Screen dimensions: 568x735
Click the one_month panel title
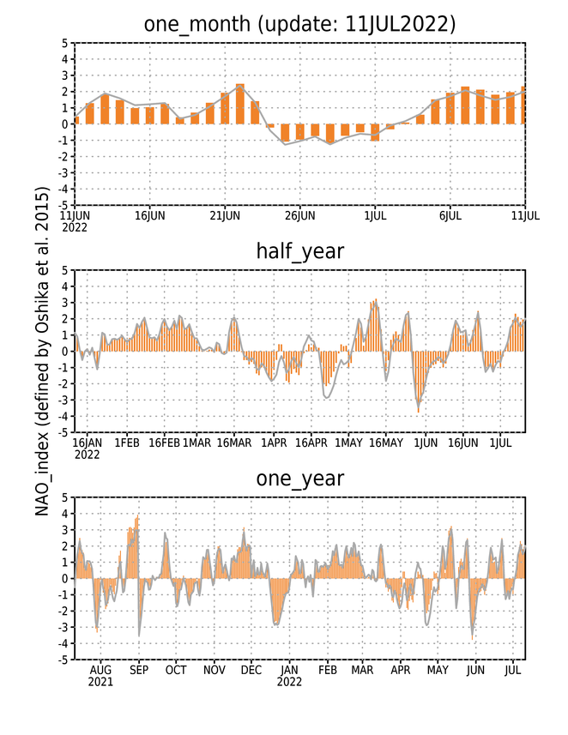tap(299, 24)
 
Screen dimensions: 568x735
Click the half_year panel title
tap(299, 252)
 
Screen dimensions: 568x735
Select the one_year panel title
tap(299, 479)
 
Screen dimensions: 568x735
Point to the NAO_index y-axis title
tap(42, 351)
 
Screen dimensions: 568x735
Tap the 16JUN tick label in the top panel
tap(149, 216)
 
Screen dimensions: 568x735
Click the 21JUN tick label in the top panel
tap(225, 216)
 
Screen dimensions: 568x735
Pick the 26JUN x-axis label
tap(299, 216)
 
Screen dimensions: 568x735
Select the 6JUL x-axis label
tap(450, 216)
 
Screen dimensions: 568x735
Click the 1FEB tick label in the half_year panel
tap(127, 443)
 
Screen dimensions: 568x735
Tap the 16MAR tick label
tap(234, 443)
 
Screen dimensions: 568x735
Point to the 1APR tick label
tap(274, 443)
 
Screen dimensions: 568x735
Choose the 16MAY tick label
tap(386, 443)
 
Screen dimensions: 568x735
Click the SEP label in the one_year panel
tap(139, 671)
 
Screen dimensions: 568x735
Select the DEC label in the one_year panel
tap(251, 671)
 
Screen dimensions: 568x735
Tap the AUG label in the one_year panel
tap(100, 671)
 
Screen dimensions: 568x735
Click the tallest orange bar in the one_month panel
tap(239, 104)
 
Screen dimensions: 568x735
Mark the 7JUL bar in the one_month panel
tap(465, 105)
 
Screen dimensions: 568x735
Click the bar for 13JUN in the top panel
tap(105, 109)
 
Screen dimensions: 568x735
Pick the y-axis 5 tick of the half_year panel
tap(64, 270)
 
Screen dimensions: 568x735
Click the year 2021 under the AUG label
tap(100, 682)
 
